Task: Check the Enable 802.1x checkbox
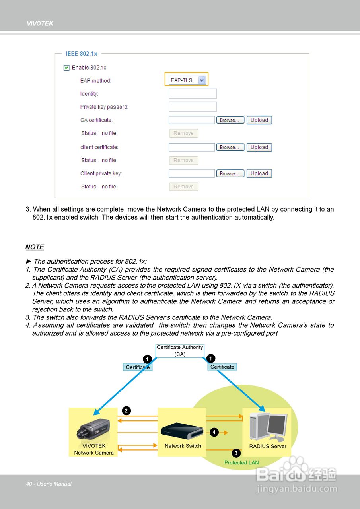coord(66,68)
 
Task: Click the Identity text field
coord(193,94)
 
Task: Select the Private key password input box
coord(193,107)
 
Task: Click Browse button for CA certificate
coord(230,120)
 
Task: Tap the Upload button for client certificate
coord(259,147)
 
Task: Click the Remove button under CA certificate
coord(183,134)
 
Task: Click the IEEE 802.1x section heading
coord(81,54)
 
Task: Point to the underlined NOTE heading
coord(35,247)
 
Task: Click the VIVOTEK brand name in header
coord(40,24)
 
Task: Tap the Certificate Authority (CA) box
coord(180,351)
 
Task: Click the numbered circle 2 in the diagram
coord(126,411)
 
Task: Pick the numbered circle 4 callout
coord(214,432)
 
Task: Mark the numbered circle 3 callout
coord(236,453)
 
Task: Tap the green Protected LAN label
coord(241,463)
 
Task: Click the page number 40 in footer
coord(29,484)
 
